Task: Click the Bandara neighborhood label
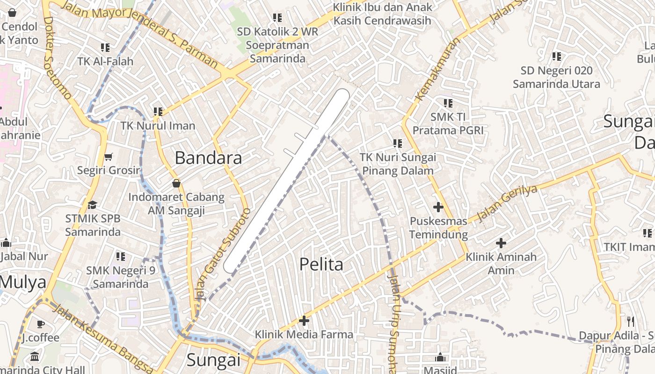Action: click(208, 158)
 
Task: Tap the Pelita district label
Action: click(321, 265)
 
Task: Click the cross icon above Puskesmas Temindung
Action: click(438, 207)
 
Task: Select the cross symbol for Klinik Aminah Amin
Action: click(501, 243)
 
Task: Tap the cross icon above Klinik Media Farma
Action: click(304, 321)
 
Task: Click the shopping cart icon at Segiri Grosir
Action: click(109, 157)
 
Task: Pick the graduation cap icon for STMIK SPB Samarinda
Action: click(92, 205)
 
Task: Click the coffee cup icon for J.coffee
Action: click(41, 324)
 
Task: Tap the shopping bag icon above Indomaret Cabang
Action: click(176, 183)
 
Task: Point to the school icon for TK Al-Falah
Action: click(105, 48)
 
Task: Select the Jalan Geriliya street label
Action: click(507, 203)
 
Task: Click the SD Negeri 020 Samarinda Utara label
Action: click(556, 78)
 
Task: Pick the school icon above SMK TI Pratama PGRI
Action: click(448, 103)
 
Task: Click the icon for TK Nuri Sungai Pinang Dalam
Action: click(398, 144)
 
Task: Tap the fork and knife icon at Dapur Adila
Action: click(631, 322)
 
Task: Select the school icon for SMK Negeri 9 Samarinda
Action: click(121, 257)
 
